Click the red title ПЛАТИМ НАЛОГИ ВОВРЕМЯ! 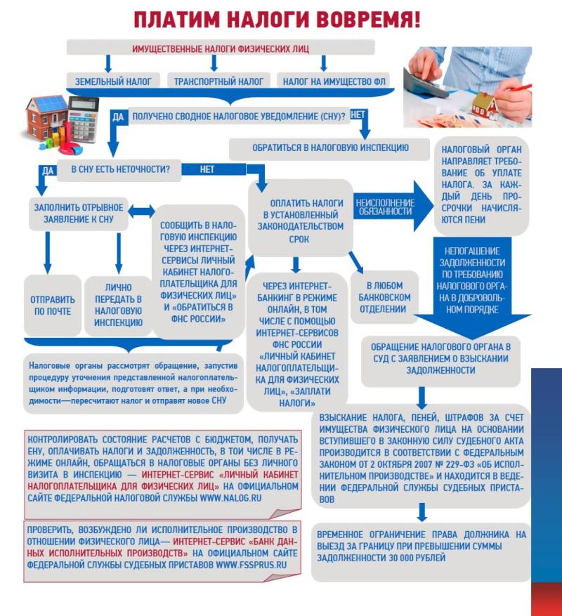pyautogui.click(x=277, y=19)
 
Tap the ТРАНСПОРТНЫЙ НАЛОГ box pyautogui.click(x=218, y=81)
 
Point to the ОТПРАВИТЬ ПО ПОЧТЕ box pyautogui.click(x=53, y=305)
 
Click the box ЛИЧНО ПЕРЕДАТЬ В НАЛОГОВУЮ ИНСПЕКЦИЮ pyautogui.click(x=118, y=305)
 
